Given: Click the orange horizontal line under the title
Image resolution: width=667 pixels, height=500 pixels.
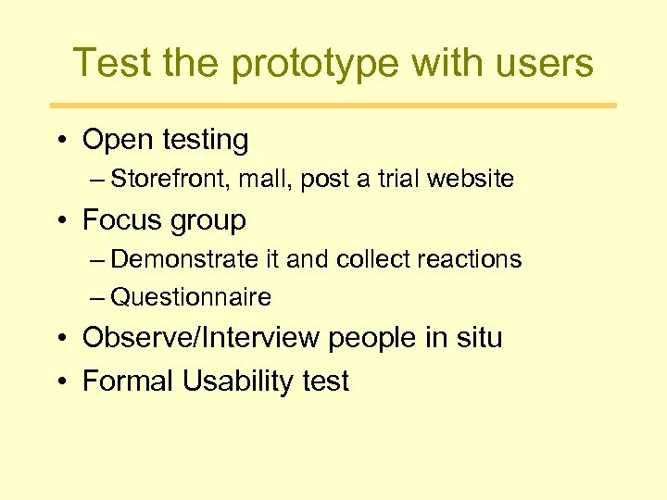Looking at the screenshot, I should tap(333, 106).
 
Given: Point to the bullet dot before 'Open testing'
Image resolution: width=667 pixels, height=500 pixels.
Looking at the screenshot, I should tap(60, 141).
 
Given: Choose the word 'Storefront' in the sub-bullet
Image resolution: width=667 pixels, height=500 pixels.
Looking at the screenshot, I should tap(170, 180).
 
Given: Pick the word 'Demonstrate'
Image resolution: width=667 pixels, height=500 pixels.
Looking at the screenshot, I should tap(185, 259).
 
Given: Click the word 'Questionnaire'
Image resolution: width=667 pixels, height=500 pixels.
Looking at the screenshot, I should tap(191, 297).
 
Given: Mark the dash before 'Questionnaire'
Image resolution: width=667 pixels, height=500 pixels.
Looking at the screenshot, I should tap(98, 297).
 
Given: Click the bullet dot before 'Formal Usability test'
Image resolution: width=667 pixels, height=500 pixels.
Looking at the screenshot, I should tap(60, 381).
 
